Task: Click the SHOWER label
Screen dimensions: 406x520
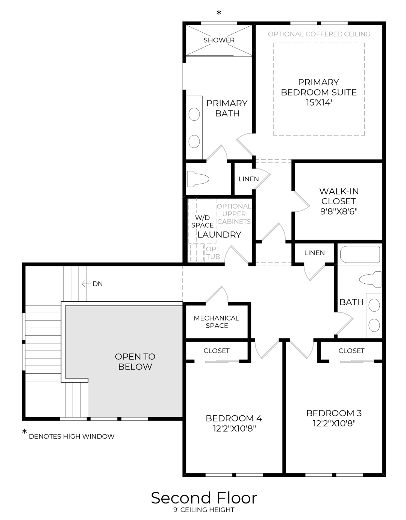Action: click(219, 40)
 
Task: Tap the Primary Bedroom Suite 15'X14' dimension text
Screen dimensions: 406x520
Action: click(319, 103)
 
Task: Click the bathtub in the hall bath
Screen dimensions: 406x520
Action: click(360, 254)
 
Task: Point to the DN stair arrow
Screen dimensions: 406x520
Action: click(86, 284)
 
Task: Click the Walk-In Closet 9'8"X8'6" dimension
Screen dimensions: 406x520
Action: click(339, 211)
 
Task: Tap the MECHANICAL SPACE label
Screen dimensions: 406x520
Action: click(217, 322)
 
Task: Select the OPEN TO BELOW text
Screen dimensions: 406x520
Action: click(135, 362)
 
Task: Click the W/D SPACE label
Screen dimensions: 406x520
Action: click(202, 221)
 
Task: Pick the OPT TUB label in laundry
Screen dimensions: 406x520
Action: click(213, 253)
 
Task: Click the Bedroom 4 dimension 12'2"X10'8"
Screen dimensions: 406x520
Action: click(235, 428)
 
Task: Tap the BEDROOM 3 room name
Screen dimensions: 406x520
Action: click(334, 413)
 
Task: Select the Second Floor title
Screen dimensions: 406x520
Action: click(204, 498)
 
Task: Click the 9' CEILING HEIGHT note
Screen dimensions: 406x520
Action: click(204, 510)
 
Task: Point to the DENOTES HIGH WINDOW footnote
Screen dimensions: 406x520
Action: click(72, 436)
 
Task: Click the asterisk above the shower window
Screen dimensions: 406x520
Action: click(219, 13)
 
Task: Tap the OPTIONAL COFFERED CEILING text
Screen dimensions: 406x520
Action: click(319, 34)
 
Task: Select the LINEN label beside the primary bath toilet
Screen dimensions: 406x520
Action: click(248, 179)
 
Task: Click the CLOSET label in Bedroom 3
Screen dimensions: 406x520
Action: click(351, 351)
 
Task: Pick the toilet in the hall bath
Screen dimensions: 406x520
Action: click(370, 279)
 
